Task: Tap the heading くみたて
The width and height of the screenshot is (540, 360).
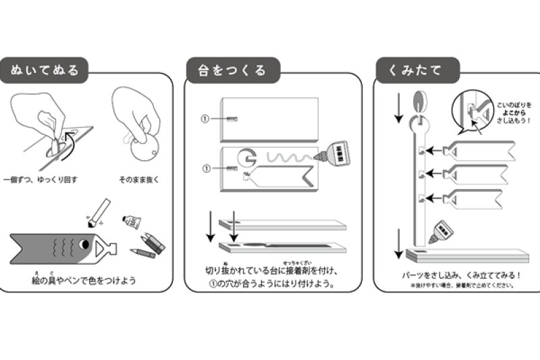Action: coord(418,70)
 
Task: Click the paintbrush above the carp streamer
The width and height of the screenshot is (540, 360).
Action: coord(98,211)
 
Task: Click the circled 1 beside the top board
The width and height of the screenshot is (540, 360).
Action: coord(206,118)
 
